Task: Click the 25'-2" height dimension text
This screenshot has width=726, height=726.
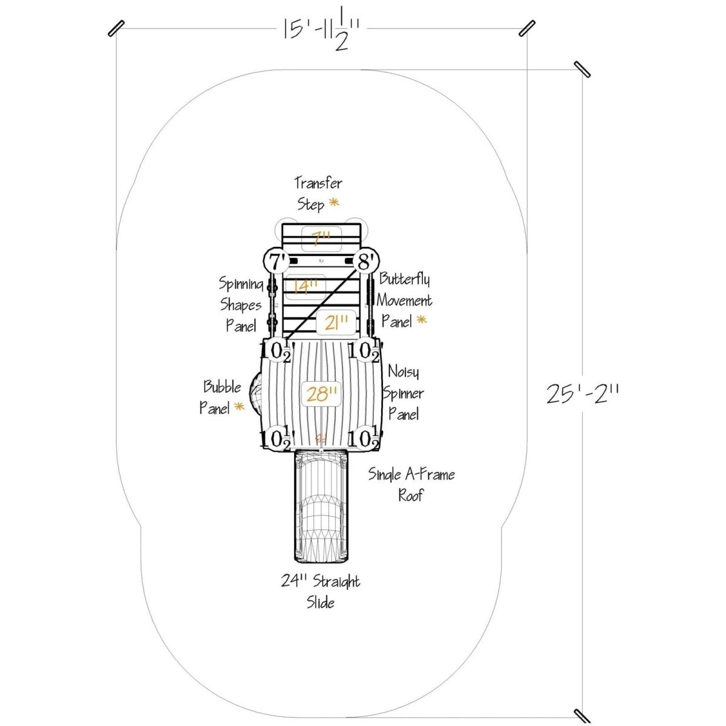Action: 583,394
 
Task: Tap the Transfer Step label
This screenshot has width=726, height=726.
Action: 318,194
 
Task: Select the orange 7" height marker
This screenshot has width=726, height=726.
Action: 321,239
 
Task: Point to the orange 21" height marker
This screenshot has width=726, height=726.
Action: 336,322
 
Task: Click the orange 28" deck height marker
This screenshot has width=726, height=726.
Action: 321,394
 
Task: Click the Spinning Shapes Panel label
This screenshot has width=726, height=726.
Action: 241,304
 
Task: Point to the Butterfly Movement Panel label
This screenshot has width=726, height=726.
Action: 404,301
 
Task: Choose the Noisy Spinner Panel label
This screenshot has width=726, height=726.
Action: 403,393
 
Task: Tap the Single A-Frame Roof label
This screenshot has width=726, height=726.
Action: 411,485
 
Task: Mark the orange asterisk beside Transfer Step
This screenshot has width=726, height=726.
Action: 334,203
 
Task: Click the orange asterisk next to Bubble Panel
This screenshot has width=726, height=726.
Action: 239,407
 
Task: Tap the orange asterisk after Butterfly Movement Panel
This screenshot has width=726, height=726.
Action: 422,320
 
